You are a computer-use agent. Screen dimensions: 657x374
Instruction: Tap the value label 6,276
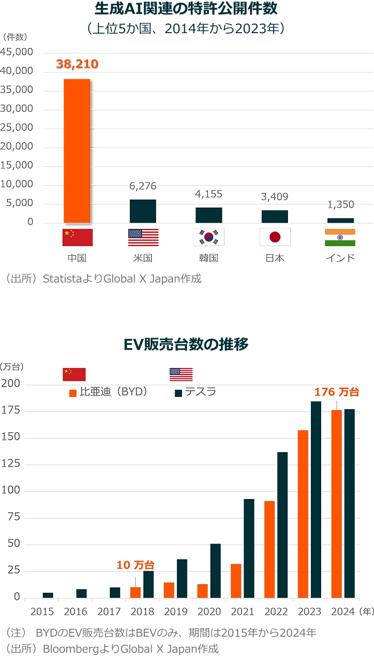click(x=143, y=186)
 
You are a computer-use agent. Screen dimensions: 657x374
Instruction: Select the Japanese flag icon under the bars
click(x=275, y=237)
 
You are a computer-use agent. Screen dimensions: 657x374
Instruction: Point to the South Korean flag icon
click(x=209, y=237)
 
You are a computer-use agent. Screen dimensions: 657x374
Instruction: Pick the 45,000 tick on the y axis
click(x=18, y=52)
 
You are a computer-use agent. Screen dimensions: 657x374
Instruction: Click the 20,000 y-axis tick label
click(x=18, y=146)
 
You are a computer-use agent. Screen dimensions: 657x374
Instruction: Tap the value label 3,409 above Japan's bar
click(x=275, y=197)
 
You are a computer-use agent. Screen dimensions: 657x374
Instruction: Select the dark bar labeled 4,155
click(x=209, y=215)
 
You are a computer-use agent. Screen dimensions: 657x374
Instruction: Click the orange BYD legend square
click(x=73, y=393)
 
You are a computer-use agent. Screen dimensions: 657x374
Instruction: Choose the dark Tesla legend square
click(x=178, y=393)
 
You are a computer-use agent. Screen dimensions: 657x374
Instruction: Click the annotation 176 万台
click(x=337, y=392)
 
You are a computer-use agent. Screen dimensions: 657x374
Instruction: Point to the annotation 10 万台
click(x=136, y=565)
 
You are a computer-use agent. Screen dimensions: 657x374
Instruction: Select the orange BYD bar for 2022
click(x=269, y=549)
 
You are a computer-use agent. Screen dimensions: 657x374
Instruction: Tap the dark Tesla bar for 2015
click(x=48, y=595)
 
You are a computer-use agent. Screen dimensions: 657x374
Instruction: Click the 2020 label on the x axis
click(x=209, y=612)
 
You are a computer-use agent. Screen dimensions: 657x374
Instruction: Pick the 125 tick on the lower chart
click(x=11, y=464)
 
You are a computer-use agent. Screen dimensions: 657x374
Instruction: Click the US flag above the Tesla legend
click(x=181, y=375)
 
